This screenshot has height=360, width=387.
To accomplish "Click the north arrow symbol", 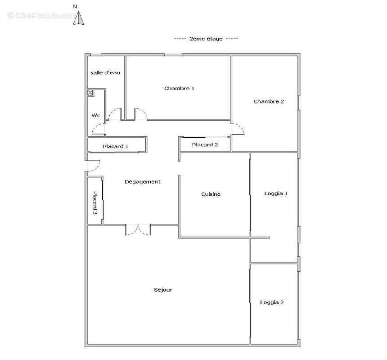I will coord(79,18).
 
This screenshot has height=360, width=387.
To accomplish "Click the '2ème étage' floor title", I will coord(206,39).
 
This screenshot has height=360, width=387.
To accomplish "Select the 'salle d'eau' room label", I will coord(105,72).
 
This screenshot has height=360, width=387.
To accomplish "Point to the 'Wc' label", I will coord(96,115).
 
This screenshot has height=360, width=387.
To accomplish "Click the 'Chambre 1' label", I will coord(179,88).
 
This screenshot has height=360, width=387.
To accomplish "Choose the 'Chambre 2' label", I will coord(269,101).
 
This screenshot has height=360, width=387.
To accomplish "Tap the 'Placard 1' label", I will coord(116,146).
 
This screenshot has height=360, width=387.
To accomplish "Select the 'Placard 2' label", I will coord(205,144).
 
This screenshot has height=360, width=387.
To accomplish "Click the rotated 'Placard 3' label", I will coord(95,203).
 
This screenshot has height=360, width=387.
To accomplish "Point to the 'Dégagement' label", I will coord(143,182).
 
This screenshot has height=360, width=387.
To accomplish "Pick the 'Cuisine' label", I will coord(211,194).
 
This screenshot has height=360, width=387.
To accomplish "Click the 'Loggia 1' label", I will coord(275,193).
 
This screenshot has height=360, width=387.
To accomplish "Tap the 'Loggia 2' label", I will coord(272,302).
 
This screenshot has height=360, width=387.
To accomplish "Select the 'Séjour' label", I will coord(163,290).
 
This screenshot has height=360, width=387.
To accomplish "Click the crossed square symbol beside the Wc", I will coord(90,93).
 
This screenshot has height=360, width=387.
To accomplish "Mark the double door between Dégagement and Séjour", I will coord(138,229).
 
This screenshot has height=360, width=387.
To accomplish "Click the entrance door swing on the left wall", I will coord(93,166).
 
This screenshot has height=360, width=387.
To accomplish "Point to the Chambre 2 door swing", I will coord(238,129).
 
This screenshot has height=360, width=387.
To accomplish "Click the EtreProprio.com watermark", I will coord(43,15).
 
